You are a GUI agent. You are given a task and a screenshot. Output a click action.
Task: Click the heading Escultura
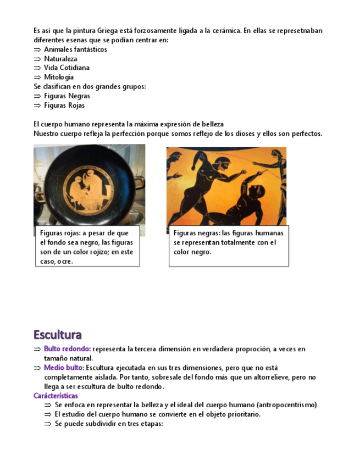[58, 335]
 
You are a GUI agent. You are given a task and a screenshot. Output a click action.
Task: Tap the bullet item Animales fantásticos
[75, 49]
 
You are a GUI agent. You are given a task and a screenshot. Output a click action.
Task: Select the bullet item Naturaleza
[60, 59]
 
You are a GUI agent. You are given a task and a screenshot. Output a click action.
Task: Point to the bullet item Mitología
[59, 77]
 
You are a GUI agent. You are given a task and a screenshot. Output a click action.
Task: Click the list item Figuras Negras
[67, 96]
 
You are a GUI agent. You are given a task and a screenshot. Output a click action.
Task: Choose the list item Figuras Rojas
[64, 106]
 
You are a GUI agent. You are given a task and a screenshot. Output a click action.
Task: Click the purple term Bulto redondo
[67, 349]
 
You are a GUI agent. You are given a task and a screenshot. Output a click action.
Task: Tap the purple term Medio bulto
[63, 368]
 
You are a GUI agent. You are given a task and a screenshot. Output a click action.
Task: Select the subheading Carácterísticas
[56, 396]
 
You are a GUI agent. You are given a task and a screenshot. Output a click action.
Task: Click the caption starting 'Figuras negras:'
[228, 242]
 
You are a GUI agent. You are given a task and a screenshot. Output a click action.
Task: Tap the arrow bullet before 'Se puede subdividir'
[48, 424]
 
